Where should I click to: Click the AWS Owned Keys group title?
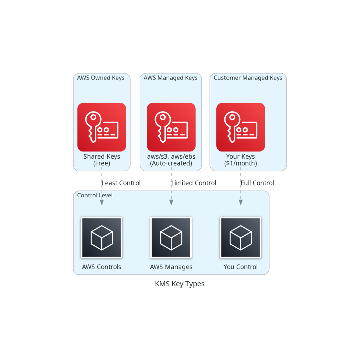[x=101, y=78]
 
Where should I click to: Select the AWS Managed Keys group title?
[x=170, y=78]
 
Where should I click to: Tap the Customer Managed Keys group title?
[x=248, y=78]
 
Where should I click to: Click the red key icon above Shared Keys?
[x=102, y=127]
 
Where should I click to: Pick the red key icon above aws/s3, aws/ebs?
[x=171, y=127]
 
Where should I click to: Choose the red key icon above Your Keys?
[x=241, y=127]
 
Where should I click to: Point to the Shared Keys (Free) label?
[x=102, y=160]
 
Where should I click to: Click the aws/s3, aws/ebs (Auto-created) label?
[x=171, y=160]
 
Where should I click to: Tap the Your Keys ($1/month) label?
[x=241, y=160]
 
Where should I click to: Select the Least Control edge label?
[x=121, y=183]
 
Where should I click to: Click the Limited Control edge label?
[x=194, y=183]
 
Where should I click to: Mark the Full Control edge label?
[x=258, y=183]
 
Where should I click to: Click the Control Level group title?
[x=95, y=196]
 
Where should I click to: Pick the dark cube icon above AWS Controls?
[x=102, y=237]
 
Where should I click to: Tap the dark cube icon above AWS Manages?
[x=171, y=237]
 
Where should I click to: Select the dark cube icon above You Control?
[x=241, y=237]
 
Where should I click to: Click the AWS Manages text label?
[x=171, y=267]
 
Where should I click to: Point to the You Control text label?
[x=241, y=267]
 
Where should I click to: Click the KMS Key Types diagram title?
[x=180, y=284]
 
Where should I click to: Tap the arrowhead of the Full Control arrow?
[x=241, y=202]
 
